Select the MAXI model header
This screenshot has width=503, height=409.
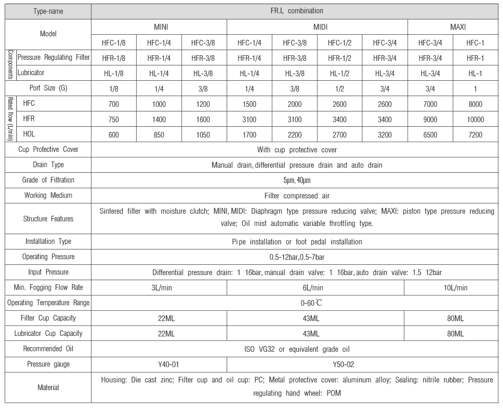[453, 26]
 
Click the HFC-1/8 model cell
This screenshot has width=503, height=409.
[114, 42]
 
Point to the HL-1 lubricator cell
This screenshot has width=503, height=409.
[475, 73]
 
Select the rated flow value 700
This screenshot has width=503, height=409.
[114, 104]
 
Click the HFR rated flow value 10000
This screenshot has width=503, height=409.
[475, 120]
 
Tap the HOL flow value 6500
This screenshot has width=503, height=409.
[430, 135]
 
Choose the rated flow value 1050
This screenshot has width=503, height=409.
[204, 135]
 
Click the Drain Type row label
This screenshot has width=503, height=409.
[48, 165]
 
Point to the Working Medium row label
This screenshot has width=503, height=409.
[48, 195]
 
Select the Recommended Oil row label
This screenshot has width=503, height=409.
[48, 349]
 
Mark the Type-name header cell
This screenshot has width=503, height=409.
[48, 10]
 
